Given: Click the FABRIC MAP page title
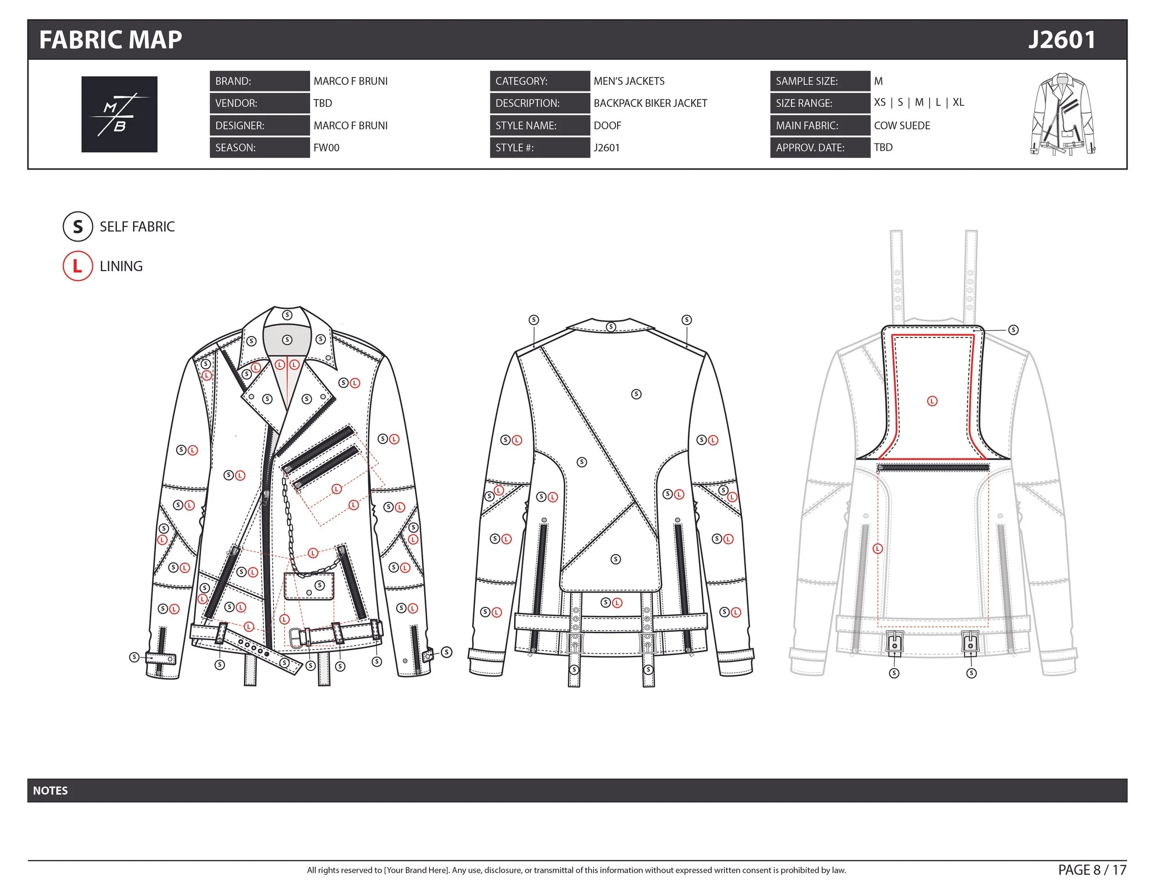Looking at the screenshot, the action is tap(110, 40).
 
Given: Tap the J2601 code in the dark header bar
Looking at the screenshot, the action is tap(1061, 40).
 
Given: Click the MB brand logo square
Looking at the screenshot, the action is tap(119, 114).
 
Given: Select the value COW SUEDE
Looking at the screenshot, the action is tap(902, 125).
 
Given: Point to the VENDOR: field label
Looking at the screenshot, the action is tap(237, 103).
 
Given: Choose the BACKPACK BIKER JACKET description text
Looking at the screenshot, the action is tap(650, 103).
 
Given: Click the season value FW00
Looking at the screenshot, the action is tap(326, 147).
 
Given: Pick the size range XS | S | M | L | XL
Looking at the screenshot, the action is tap(918, 102).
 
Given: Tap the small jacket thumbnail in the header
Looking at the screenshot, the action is tap(1063, 114).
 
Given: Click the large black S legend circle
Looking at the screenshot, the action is tap(78, 226).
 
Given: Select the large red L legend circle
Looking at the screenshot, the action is tap(78, 266).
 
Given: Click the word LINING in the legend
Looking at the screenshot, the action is tap(121, 266).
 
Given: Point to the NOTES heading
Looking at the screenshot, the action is tap(50, 790).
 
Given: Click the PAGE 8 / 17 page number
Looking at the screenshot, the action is tap(1092, 870).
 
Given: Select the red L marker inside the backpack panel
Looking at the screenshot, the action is tap(932, 401).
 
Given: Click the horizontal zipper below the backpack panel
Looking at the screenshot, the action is tap(933, 468).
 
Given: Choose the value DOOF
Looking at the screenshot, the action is tap(607, 125).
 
